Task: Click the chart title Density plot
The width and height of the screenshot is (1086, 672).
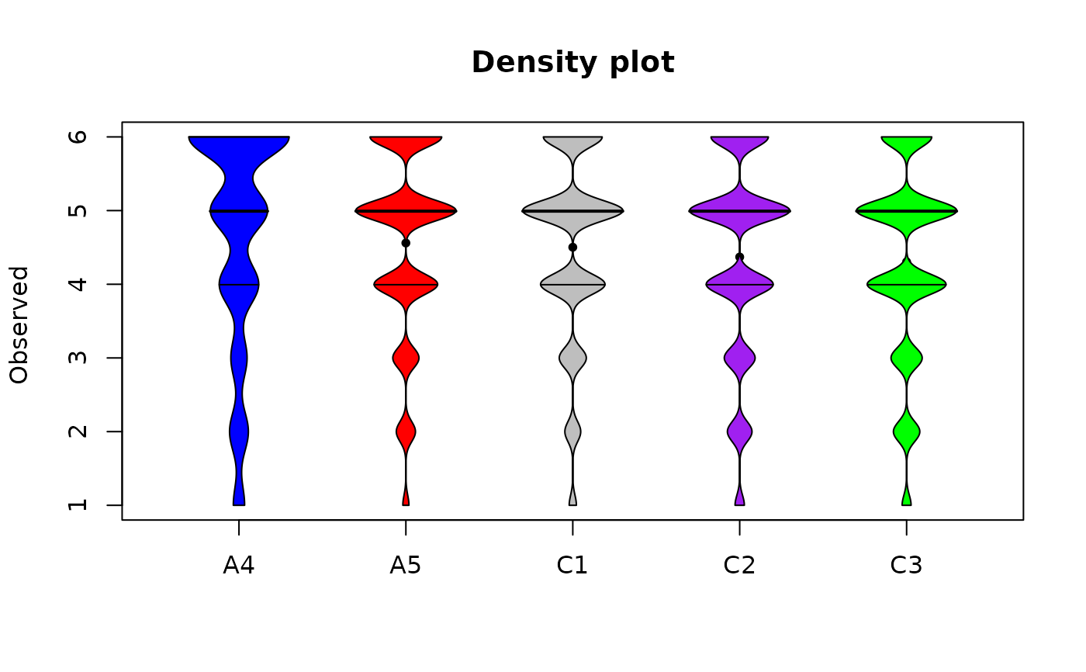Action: (572, 63)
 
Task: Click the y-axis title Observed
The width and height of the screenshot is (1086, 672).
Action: (19, 324)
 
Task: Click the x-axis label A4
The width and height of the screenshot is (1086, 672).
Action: (239, 566)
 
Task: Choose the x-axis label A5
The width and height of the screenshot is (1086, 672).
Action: (406, 566)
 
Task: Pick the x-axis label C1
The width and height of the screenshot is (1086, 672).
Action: (572, 566)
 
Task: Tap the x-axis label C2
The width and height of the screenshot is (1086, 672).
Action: (739, 566)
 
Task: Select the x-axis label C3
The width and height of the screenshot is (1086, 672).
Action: (906, 566)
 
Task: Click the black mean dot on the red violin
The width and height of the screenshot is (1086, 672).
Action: (406, 243)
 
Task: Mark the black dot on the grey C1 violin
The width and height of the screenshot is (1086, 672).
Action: (572, 247)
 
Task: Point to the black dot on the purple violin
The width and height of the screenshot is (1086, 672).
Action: (739, 257)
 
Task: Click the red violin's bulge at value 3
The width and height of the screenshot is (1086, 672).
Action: (406, 358)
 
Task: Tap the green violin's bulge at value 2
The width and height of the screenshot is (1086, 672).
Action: (906, 431)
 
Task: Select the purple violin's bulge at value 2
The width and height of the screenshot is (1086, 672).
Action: (739, 431)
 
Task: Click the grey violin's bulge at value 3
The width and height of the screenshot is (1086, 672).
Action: (572, 358)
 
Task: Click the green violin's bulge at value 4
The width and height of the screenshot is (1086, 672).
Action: (906, 284)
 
